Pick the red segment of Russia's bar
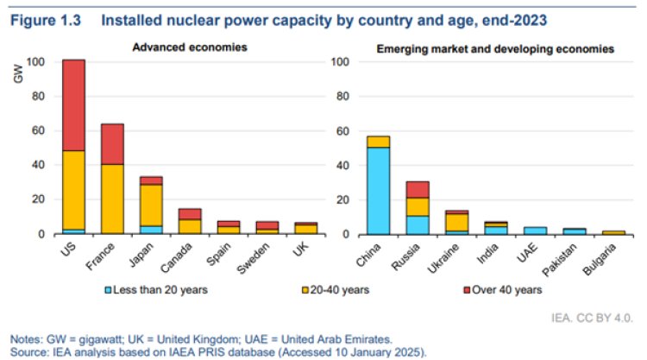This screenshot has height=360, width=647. pyautogui.click(x=418, y=190)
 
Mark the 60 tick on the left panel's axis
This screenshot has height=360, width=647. pyautogui.click(x=36, y=131)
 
